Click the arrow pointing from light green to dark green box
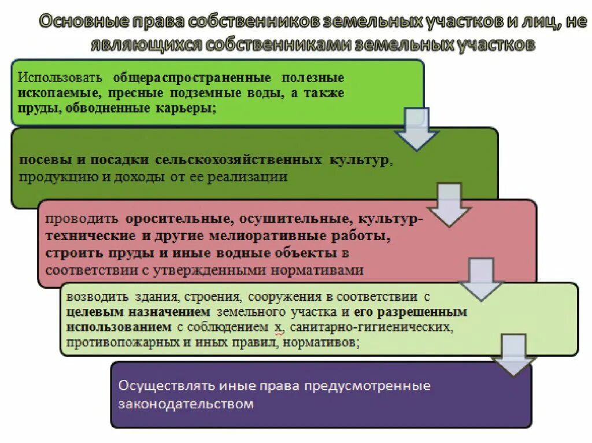click(417, 131)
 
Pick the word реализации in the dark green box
click(255, 177)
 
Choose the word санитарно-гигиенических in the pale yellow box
click(372, 328)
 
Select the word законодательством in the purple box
click(186, 404)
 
